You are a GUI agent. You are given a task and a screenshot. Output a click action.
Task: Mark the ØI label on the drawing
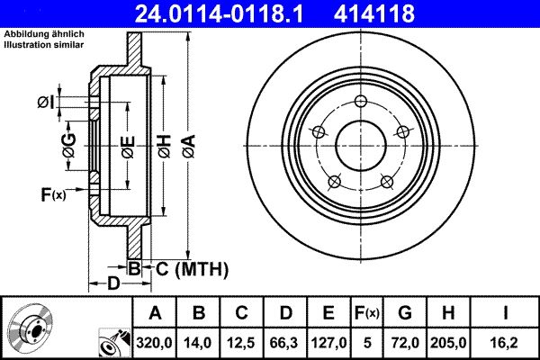pos(47,103)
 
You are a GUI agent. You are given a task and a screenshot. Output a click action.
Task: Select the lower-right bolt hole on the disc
pos(387,180)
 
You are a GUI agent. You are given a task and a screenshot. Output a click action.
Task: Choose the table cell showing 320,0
pos(155,343)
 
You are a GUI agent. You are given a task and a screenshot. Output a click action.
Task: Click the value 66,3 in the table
pos(284,343)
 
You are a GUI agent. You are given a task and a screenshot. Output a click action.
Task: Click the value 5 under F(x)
pos(366,343)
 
